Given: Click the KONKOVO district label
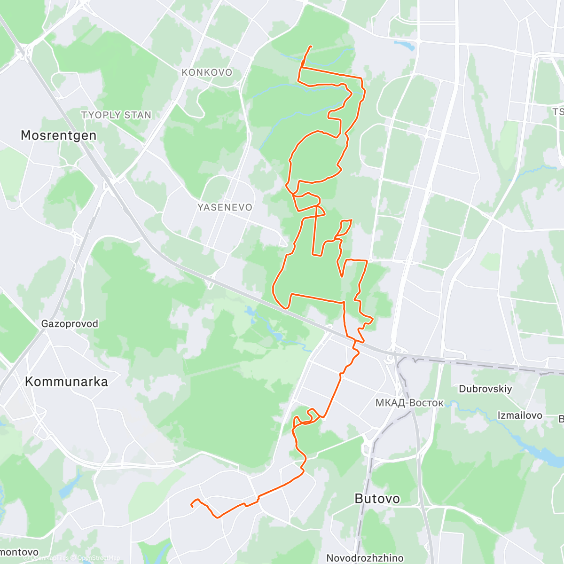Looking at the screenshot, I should coord(207,72).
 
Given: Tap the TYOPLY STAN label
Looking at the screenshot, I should coord(116,115).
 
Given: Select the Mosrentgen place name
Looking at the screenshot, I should coord(59,135).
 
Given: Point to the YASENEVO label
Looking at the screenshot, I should coord(225,207).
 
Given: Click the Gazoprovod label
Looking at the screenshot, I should coord(70,324).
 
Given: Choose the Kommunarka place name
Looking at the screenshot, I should coord(66,382).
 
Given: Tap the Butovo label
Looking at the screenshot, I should coord(377,499).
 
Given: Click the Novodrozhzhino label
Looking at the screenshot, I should coord(365,558).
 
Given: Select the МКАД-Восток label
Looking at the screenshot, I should coord(409,403).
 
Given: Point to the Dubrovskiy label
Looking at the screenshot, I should coord(486,389).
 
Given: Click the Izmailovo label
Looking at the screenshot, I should coord(520,415).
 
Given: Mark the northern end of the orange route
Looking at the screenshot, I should coord(311,46).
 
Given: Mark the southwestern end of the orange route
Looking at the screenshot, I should coord(192,505).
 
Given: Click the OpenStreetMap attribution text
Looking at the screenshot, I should coord(99,558).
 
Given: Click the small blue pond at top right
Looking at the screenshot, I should coord(405,46).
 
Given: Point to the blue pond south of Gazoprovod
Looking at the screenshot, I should coord(66,489).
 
